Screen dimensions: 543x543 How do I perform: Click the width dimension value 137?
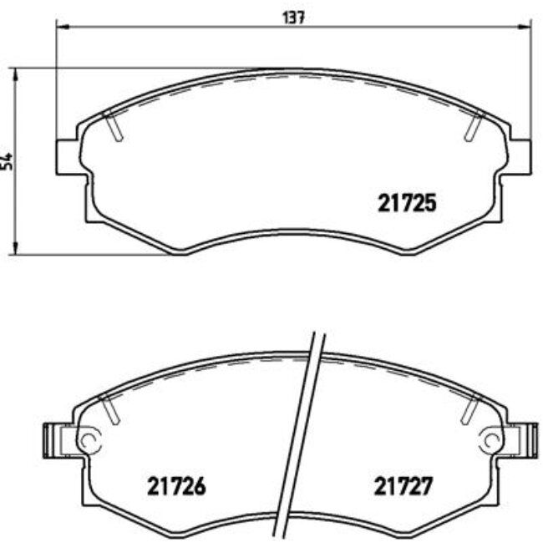point(292,18)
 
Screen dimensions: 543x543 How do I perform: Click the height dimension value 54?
point(8,160)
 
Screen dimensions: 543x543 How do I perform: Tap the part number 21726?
point(176,485)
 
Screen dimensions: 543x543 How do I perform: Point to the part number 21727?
point(403,485)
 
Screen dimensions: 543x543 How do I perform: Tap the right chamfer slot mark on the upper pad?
point(473,125)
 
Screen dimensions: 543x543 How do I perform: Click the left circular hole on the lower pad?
point(89,438)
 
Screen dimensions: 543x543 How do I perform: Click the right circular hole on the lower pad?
point(494,438)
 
